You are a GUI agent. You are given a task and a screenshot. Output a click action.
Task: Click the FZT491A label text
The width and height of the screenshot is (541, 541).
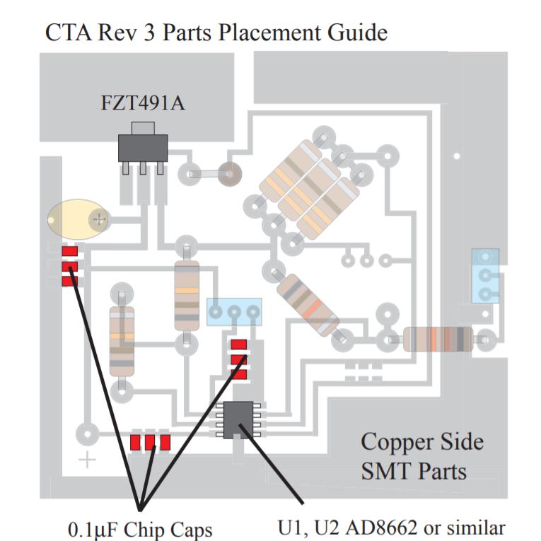[144, 105]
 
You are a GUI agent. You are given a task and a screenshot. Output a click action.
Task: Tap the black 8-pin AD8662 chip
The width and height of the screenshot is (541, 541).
[238, 419]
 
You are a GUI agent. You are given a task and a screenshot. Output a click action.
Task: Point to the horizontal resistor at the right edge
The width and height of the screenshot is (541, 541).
[438, 339]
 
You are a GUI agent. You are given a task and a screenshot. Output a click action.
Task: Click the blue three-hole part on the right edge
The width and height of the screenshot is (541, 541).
[485, 275]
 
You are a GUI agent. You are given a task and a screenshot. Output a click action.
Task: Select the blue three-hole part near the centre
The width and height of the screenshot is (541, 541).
[234, 312]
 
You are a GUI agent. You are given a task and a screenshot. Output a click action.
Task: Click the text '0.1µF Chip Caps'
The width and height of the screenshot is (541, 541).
[140, 529]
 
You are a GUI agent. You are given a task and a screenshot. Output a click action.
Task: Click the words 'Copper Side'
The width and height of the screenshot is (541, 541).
[422, 442]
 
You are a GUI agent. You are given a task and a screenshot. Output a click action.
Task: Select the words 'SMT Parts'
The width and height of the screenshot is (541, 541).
[414, 470]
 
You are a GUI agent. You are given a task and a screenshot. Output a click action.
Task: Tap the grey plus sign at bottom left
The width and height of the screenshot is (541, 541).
[87, 460]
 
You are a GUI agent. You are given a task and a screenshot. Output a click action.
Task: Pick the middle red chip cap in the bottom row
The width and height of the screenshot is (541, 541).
[150, 443]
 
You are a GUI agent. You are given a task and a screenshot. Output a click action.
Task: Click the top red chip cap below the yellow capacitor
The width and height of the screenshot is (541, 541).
[70, 252]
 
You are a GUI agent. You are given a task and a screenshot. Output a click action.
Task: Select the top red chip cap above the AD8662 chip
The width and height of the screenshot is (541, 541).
[239, 344]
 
